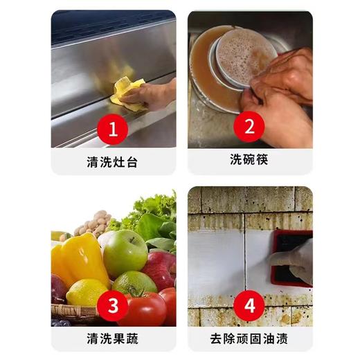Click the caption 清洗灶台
pos(113,161)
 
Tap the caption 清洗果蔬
pos(113,339)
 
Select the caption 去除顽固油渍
pos(249,339)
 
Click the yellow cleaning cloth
pos(127,93)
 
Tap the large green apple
pos(125,252)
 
